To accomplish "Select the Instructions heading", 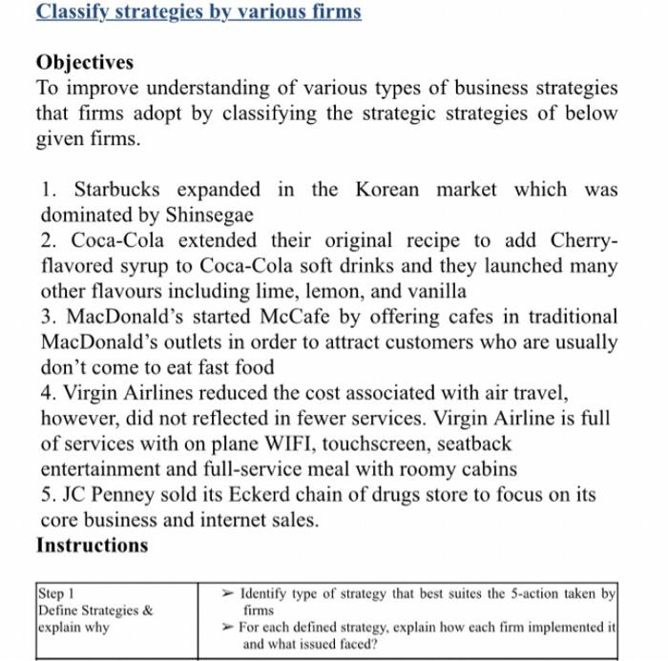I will tap(92, 546).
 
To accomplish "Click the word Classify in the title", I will tap(72, 12).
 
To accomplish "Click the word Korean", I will tap(386, 189).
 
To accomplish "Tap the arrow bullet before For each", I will tap(227, 628).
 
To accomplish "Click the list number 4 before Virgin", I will tap(47, 393).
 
